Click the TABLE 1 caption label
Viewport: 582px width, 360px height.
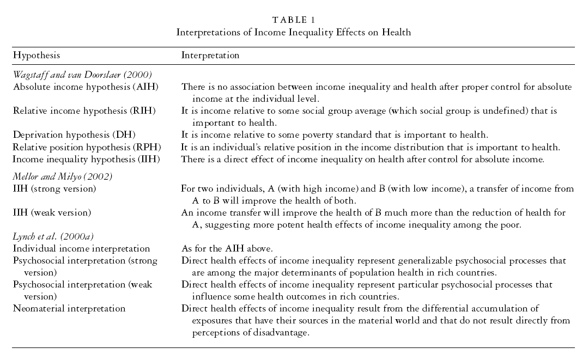tap(293, 20)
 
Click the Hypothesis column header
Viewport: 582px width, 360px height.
tap(37, 56)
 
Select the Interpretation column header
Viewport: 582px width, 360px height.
tap(210, 56)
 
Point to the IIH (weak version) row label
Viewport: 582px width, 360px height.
tap(52, 212)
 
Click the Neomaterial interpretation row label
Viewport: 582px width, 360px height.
tap(69, 308)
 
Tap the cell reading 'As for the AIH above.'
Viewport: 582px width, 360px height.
tap(226, 248)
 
